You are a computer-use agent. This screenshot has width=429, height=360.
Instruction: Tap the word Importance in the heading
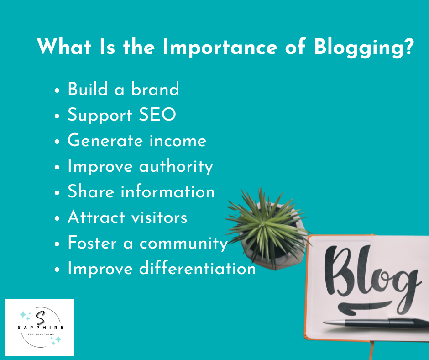click(x=216, y=47)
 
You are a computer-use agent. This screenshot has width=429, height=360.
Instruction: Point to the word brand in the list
click(x=155, y=89)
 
